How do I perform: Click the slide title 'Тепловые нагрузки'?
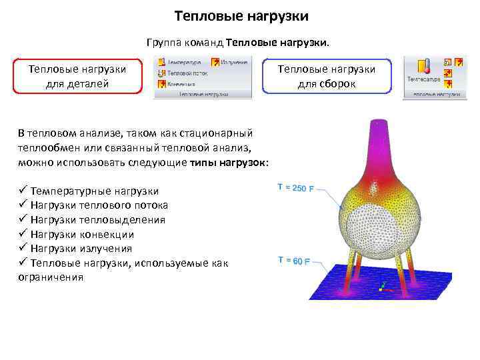(x=241, y=15)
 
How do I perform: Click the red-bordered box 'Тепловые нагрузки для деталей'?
(x=77, y=76)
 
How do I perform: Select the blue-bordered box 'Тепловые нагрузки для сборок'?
(x=326, y=76)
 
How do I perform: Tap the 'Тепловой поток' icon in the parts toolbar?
(x=162, y=73)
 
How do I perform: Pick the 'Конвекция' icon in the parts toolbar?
(x=162, y=84)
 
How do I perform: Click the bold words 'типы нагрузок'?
(x=227, y=162)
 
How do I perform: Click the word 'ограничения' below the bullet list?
(x=51, y=277)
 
